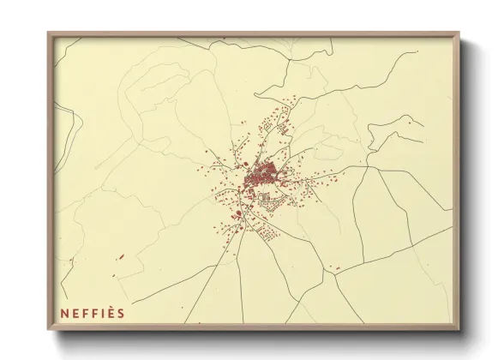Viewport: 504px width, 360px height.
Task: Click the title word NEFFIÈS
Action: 93,313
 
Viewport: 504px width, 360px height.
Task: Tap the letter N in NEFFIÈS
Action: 64,313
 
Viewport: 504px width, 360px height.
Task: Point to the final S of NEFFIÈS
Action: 121,313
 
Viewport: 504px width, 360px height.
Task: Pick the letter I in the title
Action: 101,313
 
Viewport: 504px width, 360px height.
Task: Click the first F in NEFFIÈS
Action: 83,313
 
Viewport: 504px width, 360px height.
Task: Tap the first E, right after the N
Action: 74,313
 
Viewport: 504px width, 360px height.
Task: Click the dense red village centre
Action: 259,178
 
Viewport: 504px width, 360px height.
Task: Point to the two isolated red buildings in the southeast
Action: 336,268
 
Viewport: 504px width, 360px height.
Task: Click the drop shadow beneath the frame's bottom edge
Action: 257,336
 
